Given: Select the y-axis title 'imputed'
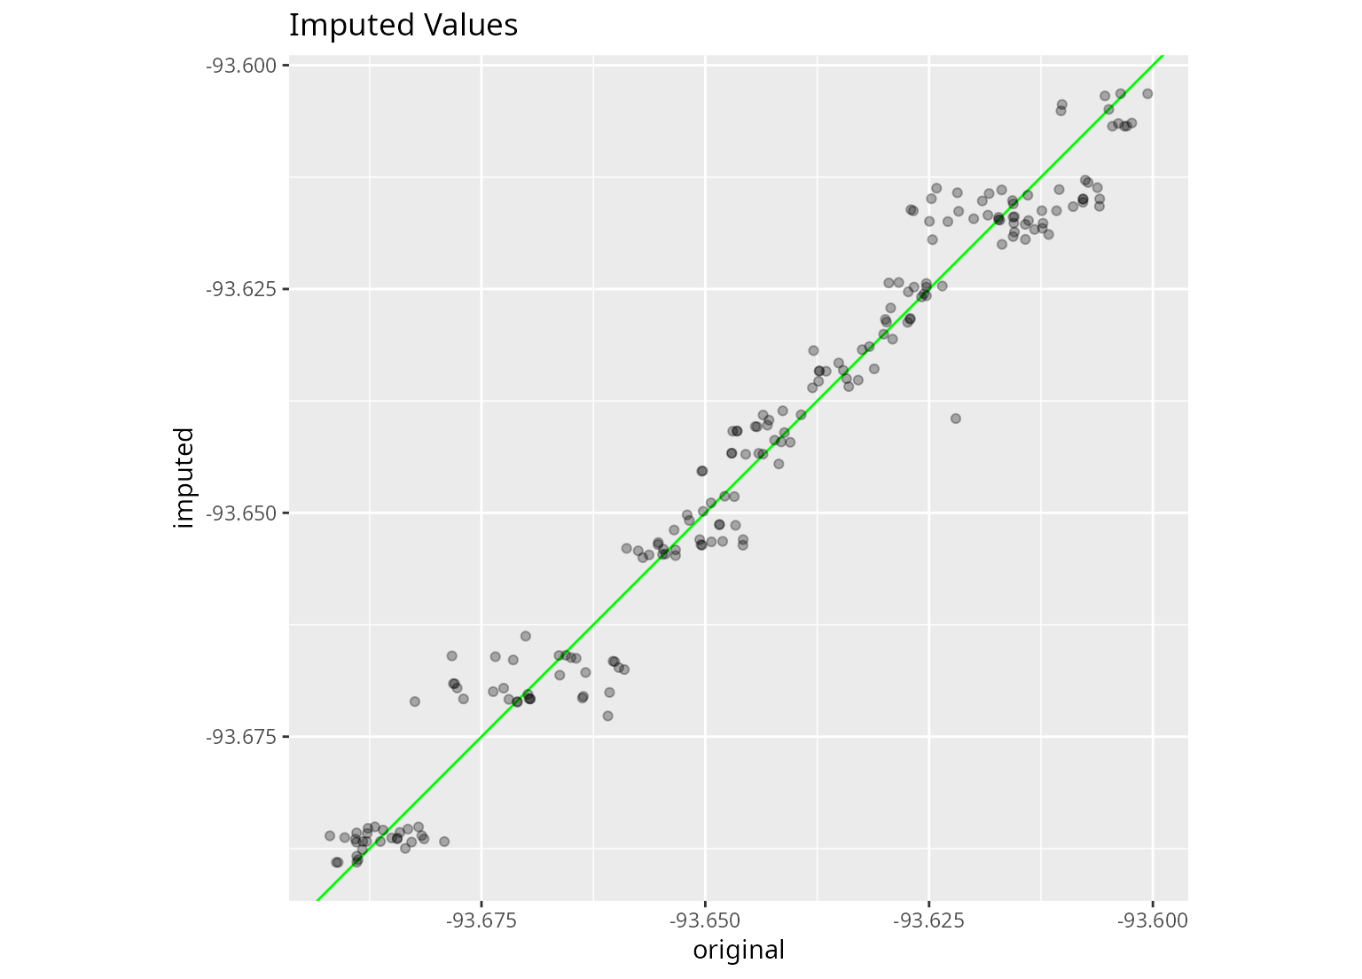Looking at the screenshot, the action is click(183, 478).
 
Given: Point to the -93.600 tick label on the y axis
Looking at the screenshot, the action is click(241, 65).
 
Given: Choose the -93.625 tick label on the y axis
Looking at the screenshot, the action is click(241, 289).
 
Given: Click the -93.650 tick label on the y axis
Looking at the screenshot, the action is click(241, 513).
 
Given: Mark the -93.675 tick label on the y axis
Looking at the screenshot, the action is click(241, 737).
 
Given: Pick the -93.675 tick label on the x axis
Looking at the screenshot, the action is click(481, 920).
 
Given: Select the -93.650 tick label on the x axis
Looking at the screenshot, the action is click(705, 920).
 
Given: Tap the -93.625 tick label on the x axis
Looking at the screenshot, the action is click(928, 920).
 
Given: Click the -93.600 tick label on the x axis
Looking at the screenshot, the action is click(1152, 920).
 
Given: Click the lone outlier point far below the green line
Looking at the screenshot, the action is click(956, 419).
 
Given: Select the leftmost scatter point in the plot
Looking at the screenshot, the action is click(330, 836).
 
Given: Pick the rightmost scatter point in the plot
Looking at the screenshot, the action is click(1147, 94).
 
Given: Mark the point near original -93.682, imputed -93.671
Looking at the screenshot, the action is click(415, 701).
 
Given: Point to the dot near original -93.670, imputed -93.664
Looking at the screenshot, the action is click(525, 636).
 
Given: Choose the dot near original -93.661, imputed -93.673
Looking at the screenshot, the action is click(607, 716).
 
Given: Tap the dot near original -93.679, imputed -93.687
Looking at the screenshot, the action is click(444, 842).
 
